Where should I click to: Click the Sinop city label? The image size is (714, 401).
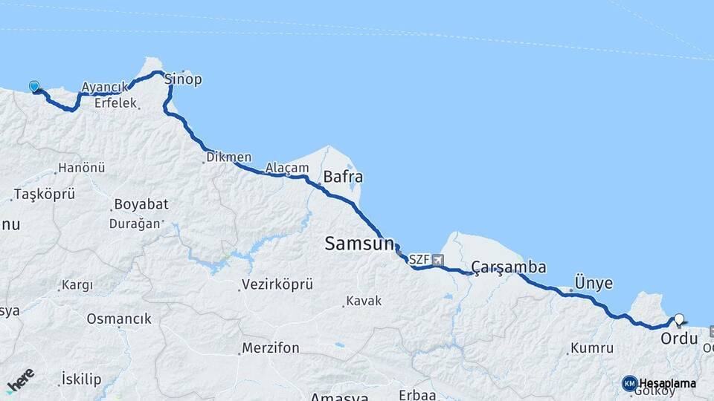[x=182, y=79]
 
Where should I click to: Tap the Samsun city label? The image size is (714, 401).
[x=358, y=244]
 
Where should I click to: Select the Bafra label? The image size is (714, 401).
[x=343, y=177]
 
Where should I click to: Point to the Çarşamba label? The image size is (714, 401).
[x=509, y=267]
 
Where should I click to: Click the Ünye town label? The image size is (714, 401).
[x=594, y=283]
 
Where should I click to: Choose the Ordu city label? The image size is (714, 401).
[x=679, y=339]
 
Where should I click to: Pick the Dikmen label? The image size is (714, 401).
[x=228, y=157]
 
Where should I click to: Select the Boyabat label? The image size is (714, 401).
[x=141, y=204]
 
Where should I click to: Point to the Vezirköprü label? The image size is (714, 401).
[x=277, y=284]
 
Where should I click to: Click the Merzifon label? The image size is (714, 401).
[x=271, y=348]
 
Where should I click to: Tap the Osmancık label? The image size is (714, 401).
[x=119, y=319]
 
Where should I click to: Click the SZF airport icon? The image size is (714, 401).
[x=437, y=260]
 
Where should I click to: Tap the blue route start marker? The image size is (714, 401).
[x=33, y=86]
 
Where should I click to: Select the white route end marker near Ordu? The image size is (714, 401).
[x=678, y=319]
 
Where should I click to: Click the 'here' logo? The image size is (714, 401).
[x=20, y=379]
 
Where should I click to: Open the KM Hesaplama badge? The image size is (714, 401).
[x=659, y=383]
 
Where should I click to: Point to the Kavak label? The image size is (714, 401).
[x=364, y=301]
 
